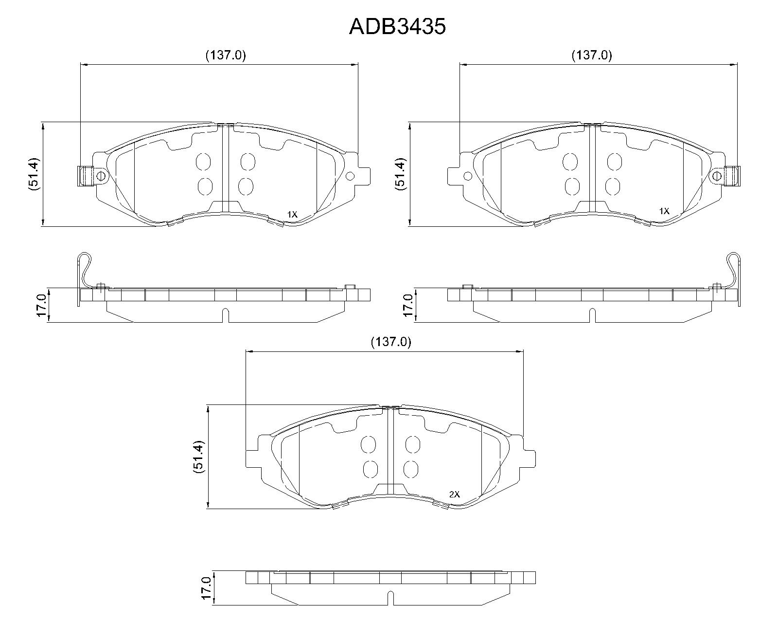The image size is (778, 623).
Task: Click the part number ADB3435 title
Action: [x=397, y=27]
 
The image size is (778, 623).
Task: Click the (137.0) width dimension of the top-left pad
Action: [x=226, y=55]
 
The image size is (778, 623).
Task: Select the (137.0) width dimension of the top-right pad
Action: [x=592, y=55]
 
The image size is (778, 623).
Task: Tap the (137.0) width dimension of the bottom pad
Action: [x=391, y=342]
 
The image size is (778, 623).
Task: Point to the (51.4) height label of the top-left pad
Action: [x=34, y=174]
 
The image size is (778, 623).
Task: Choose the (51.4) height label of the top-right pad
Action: [x=401, y=174]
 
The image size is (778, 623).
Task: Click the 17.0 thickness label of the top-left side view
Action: [x=41, y=305]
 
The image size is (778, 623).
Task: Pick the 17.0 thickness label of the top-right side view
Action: [x=408, y=305]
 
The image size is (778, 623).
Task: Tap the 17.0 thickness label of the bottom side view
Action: [x=206, y=588]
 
